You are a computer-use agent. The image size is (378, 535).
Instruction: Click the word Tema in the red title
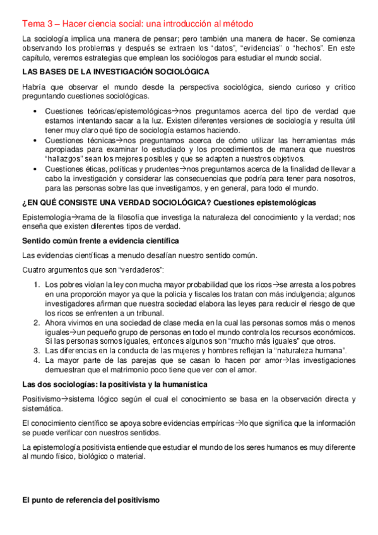tap(33, 24)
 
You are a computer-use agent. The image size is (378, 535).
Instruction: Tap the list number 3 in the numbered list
tap(37, 351)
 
